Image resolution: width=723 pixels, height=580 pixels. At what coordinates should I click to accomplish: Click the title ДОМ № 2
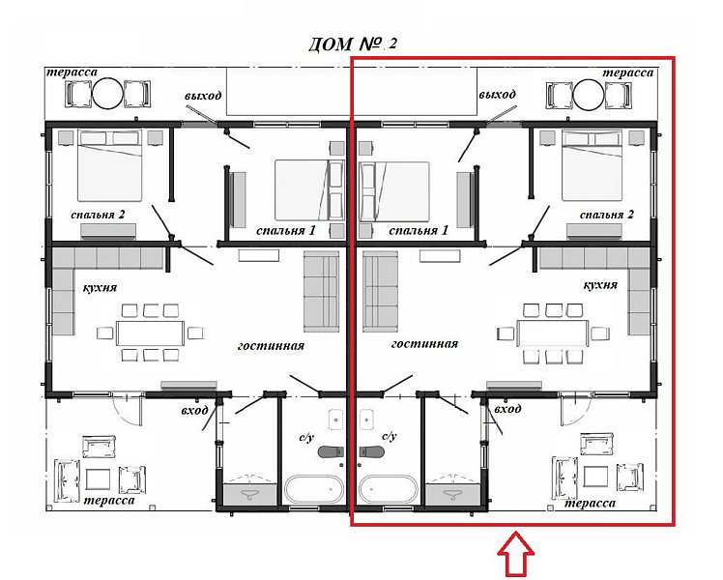352,44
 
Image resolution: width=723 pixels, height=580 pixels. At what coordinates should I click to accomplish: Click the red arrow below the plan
516,554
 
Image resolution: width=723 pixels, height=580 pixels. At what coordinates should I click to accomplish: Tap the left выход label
203,96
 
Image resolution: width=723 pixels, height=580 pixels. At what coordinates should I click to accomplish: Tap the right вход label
507,409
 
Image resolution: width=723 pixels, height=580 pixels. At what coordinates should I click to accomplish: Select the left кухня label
101,288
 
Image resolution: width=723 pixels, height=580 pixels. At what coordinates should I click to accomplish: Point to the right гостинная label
424,344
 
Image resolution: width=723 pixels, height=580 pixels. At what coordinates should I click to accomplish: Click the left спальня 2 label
98,215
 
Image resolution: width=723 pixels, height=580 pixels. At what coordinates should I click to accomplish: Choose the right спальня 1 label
419,230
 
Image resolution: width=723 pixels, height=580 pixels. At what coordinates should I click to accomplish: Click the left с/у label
305,437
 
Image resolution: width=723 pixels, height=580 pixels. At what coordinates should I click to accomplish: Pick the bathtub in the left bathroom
313,490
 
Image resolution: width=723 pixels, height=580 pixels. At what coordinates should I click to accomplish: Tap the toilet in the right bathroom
372,451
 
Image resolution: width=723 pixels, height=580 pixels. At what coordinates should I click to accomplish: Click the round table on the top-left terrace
108,94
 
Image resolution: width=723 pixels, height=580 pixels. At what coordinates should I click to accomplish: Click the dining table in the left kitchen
151,333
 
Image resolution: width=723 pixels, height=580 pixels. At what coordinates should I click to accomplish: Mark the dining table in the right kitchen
553,333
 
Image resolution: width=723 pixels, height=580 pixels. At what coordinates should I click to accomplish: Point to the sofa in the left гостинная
321,292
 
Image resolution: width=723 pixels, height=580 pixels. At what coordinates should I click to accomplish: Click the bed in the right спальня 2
592,165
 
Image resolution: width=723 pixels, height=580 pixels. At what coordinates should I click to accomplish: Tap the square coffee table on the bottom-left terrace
99,480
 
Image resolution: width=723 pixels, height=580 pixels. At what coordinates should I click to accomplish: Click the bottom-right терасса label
590,503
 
